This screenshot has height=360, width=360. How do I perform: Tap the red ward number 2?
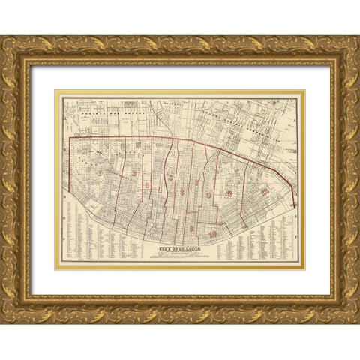click(x=133, y=174)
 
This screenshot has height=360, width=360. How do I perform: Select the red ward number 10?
click(x=213, y=235)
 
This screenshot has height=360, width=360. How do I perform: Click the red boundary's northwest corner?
click(x=70, y=137)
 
